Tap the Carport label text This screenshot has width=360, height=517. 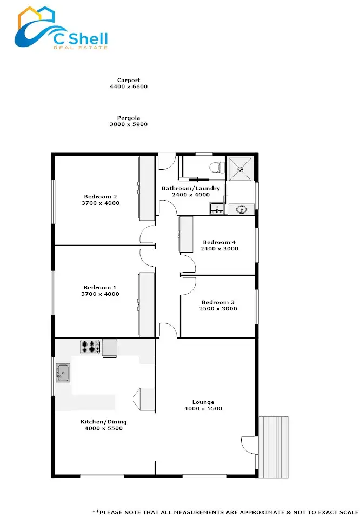pyautogui.click(x=128, y=80)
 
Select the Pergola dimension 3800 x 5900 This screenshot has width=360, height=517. pyautogui.click(x=128, y=124)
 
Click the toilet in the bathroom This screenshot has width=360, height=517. pyautogui.click(x=217, y=165)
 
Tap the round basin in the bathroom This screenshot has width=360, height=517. pyautogui.click(x=242, y=209)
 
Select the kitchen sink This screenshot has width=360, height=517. pyautogui.click(x=62, y=373)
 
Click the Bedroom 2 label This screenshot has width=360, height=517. pyautogui.click(x=101, y=197)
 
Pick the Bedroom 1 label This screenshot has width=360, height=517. pyautogui.click(x=101, y=288)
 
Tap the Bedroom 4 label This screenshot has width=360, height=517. pyautogui.click(x=219, y=242)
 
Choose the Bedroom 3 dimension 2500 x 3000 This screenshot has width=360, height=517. pyautogui.click(x=219, y=309)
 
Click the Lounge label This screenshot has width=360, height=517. pyautogui.click(x=203, y=402)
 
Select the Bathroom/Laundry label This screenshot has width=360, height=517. pyautogui.click(x=191, y=188)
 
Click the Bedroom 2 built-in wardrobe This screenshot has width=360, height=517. pyautogui.click(x=147, y=188)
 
